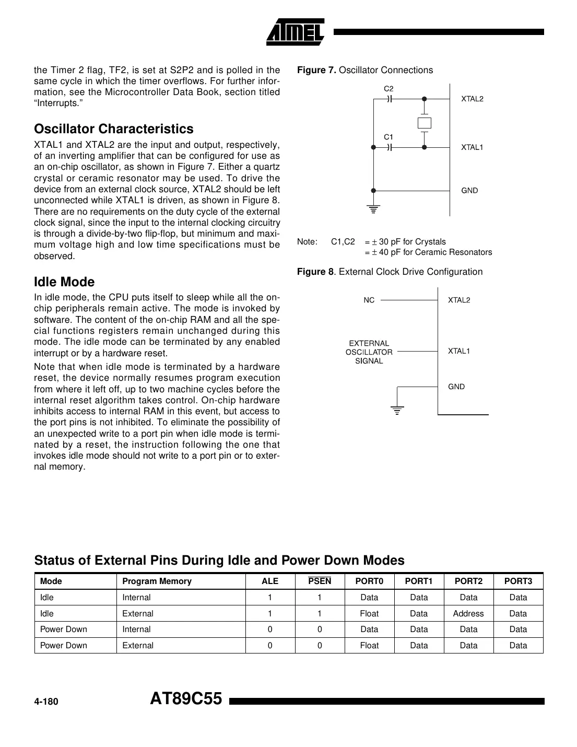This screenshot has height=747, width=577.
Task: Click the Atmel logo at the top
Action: tap(296, 31)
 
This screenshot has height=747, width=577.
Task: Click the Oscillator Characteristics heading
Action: tap(113, 129)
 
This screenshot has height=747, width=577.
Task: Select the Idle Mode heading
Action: tap(64, 282)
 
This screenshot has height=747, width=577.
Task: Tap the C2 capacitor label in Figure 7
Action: tap(388, 88)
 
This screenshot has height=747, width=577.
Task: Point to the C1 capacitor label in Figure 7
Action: tap(388, 137)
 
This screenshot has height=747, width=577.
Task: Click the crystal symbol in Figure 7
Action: tap(425, 123)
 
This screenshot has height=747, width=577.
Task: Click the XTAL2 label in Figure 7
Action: tap(472, 99)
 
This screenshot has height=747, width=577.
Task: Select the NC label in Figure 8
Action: tap(369, 300)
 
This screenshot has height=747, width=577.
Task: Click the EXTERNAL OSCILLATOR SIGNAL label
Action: tap(369, 352)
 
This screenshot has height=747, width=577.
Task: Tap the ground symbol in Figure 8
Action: tap(397, 410)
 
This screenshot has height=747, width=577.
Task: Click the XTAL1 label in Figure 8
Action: tap(459, 351)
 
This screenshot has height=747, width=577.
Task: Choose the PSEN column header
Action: tap(320, 581)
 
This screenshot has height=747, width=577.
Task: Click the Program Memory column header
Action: tap(157, 581)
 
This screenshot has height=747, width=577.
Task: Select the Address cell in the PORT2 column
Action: tap(468, 614)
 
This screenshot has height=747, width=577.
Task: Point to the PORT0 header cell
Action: tap(369, 581)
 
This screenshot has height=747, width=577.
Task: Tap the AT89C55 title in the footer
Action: tap(186, 699)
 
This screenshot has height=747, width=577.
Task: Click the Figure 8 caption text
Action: tap(390, 272)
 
